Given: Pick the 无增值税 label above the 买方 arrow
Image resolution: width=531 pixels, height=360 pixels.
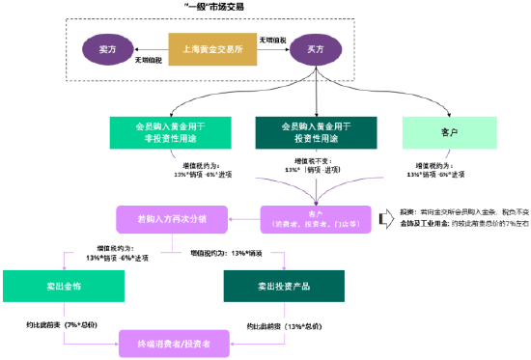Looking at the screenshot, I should pyautogui.click(x=272, y=38).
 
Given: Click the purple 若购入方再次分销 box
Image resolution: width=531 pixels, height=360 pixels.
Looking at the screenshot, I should pyautogui.click(x=171, y=217).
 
